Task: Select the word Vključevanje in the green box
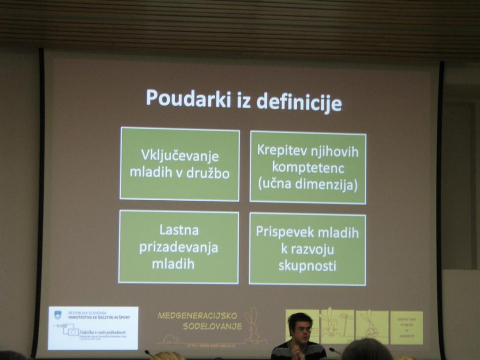[180, 156]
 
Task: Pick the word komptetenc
[308, 168]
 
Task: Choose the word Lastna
[179, 230]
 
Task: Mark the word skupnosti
[307, 266]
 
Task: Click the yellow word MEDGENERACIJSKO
[197, 316]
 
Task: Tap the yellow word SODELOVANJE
[212, 326]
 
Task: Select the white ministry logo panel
[93, 328]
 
